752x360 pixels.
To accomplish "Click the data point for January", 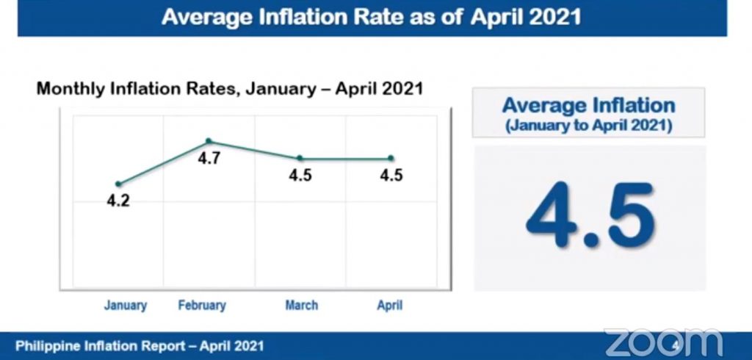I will click(x=118, y=184).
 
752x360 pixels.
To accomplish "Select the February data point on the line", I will click(x=209, y=141).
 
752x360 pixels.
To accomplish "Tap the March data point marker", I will click(x=300, y=158).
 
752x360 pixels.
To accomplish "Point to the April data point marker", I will click(x=390, y=158).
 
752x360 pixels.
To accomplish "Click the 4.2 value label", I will click(x=117, y=201).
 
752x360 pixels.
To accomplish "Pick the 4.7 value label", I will click(x=209, y=158).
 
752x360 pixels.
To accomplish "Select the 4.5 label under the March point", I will click(x=300, y=176).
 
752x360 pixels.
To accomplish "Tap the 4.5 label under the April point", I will click(x=390, y=176).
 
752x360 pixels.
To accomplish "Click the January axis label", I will click(x=126, y=305).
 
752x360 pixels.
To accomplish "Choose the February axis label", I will click(x=202, y=305).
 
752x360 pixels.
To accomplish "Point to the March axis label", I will click(x=301, y=305).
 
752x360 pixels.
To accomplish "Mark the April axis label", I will click(x=389, y=305).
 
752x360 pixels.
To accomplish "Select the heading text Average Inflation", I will click(x=589, y=105).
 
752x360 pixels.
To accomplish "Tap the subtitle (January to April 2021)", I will click(x=589, y=124).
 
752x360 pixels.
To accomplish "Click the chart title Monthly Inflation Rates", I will click(x=229, y=90).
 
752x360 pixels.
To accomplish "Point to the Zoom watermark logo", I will click(x=663, y=342).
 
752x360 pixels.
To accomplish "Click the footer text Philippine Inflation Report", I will click(x=140, y=345).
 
